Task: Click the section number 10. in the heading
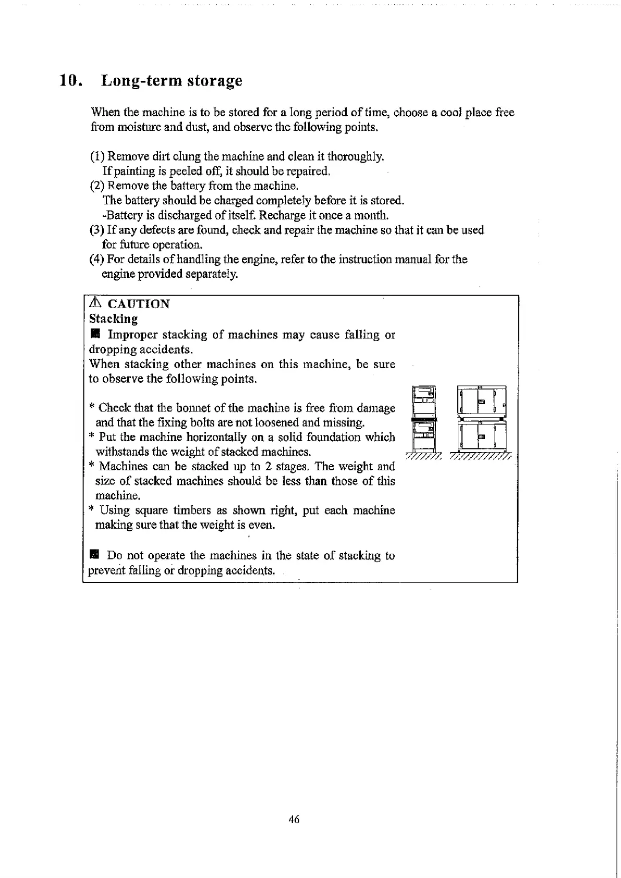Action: point(70,81)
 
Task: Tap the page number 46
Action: point(294,820)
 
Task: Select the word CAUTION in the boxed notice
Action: point(138,304)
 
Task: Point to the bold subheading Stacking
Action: point(113,319)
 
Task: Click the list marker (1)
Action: point(97,156)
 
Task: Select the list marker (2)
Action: point(97,186)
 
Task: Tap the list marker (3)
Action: point(97,230)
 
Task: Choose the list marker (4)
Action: point(97,259)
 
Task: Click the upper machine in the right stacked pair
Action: point(481,401)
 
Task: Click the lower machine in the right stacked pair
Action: point(481,436)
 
